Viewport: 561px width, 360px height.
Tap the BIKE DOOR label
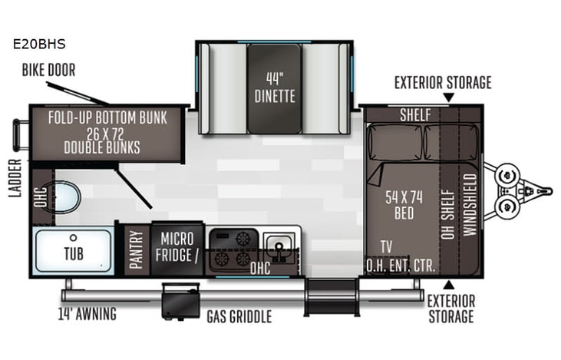[x=48, y=71]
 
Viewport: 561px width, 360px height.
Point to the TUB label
[x=74, y=253]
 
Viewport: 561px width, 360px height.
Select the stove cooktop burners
[x=233, y=247]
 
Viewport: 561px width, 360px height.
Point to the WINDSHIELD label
[x=470, y=206]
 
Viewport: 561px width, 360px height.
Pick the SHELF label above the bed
[x=415, y=114]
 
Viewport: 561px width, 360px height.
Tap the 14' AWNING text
[x=87, y=313]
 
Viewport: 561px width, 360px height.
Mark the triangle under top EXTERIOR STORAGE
[x=449, y=97]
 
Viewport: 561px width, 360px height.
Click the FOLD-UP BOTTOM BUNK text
[x=114, y=117]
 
